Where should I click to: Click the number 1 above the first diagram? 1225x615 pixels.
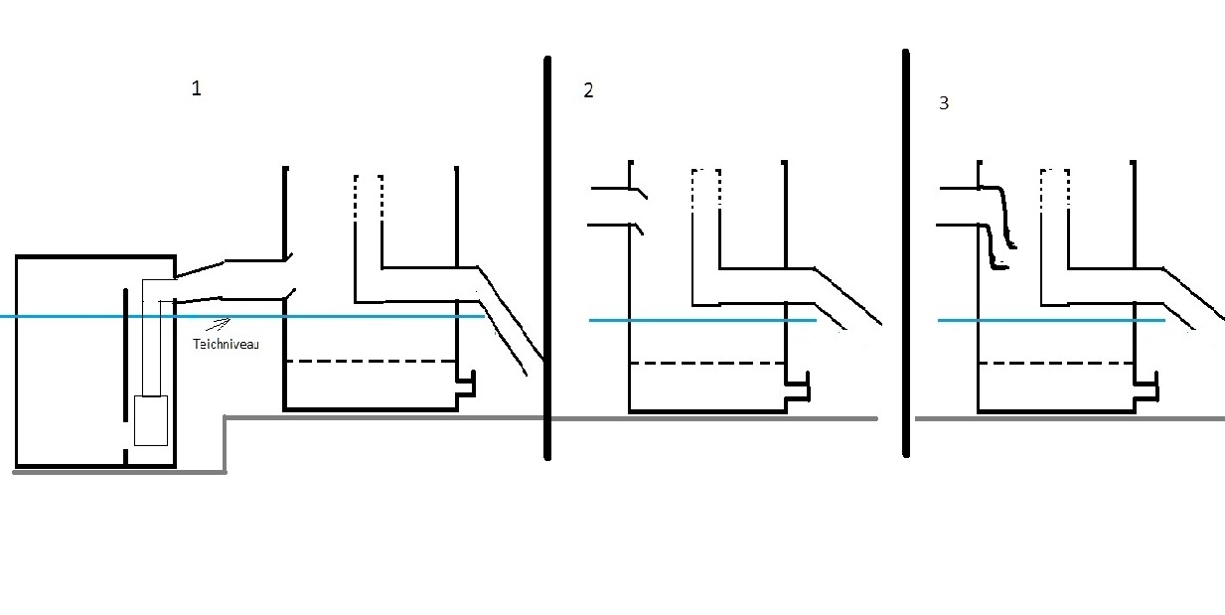196,88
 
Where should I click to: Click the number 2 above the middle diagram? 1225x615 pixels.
588,90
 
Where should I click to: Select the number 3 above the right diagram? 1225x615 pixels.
943,102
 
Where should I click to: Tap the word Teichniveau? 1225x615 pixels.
226,344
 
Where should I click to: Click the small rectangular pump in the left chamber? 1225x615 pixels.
150,419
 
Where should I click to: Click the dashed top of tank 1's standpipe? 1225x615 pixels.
369,189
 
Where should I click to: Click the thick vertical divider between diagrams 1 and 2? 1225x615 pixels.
547,258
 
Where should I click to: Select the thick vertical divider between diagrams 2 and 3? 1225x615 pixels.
906,253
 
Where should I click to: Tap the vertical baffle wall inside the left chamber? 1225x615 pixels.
124,368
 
